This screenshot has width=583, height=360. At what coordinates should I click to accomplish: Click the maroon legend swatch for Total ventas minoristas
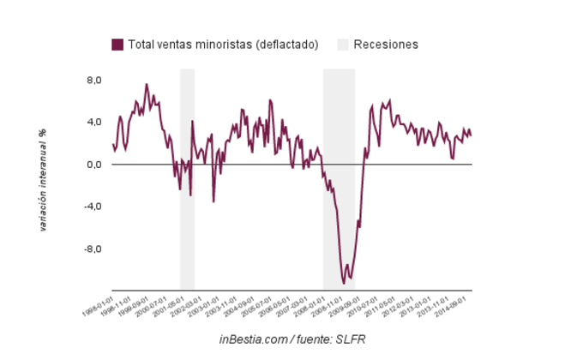click(117, 45)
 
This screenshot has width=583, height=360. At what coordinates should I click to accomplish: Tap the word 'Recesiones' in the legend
click(386, 45)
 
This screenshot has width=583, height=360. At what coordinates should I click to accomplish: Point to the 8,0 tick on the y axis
click(92, 80)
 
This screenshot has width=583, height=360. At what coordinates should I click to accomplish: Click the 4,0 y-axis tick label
click(92, 122)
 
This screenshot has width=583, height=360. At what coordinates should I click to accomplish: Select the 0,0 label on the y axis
click(92, 165)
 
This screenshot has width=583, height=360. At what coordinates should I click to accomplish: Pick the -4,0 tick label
click(90, 207)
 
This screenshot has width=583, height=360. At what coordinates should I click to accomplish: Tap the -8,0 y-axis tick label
click(90, 249)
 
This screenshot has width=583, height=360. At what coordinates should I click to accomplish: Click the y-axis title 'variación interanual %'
click(42, 181)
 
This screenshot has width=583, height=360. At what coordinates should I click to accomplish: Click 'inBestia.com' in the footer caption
click(252, 340)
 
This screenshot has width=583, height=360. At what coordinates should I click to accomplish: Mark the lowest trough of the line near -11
click(344, 283)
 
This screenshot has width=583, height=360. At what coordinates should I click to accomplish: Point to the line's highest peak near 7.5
click(147, 84)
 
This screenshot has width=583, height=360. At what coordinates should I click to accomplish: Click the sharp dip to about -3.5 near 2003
click(213, 201)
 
